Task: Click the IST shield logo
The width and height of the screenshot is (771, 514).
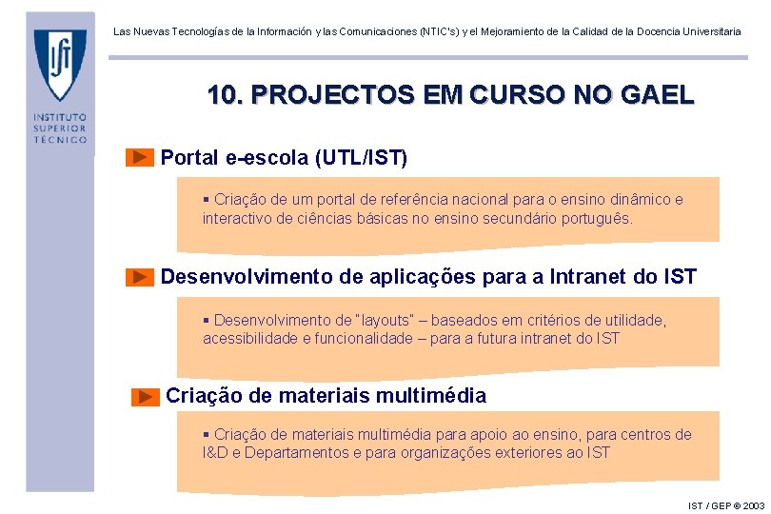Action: (x=60, y=64)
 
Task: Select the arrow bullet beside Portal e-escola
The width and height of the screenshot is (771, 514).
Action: (x=140, y=157)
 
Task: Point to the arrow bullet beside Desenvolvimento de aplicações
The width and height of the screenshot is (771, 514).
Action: (x=140, y=277)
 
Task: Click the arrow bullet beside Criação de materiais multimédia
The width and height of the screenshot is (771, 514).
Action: (x=146, y=396)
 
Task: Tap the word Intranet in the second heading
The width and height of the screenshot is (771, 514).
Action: (x=587, y=277)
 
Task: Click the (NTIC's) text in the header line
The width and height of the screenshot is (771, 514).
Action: (x=446, y=31)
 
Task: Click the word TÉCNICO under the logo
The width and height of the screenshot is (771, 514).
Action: (x=60, y=139)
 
